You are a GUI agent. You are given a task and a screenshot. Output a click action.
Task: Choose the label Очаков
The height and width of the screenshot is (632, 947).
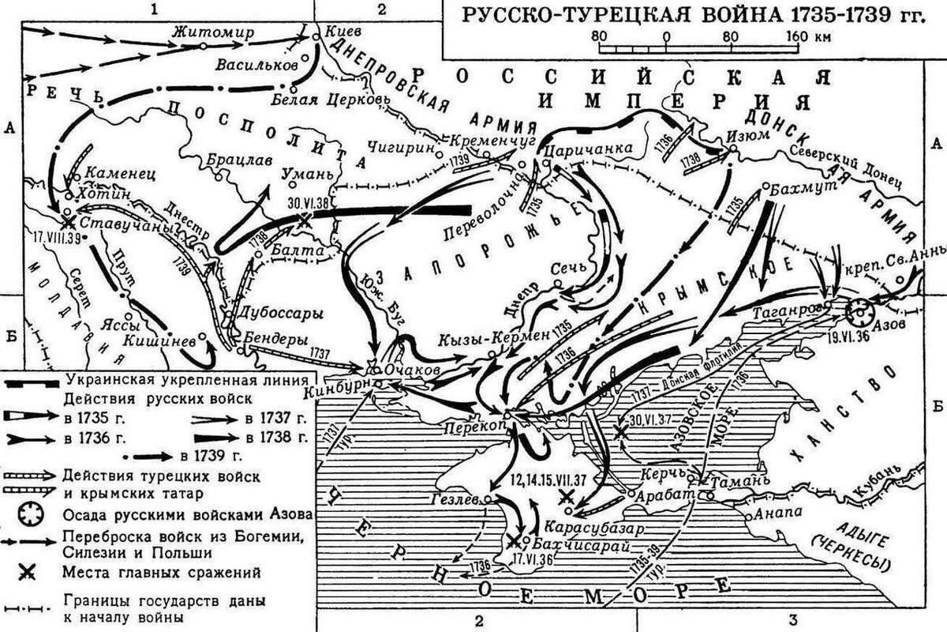coord(409,369)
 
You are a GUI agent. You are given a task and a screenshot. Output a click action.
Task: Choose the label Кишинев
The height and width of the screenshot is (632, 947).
coord(160,341)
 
